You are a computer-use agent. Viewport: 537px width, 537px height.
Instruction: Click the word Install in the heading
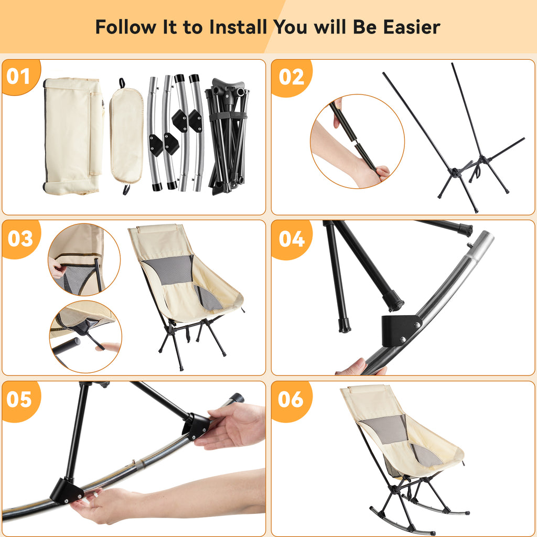coord(238,27)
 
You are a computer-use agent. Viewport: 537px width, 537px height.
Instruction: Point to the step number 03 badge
coord(20,239)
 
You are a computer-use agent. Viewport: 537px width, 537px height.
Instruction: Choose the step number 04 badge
coord(292,239)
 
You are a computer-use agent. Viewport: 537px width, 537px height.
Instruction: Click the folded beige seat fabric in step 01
coord(73,136)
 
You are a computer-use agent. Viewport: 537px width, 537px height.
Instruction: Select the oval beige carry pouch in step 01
coord(126,136)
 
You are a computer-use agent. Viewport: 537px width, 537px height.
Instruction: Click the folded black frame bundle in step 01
coord(227,136)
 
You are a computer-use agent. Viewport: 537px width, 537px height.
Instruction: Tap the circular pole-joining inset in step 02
coord(357,141)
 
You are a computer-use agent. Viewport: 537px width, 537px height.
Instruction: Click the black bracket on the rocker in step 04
coord(401,331)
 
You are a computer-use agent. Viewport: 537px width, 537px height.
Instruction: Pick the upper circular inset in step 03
coord(84,260)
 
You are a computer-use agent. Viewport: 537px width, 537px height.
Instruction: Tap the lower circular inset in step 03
coord(85,337)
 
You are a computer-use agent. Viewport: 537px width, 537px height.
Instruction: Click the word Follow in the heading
coord(125,27)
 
